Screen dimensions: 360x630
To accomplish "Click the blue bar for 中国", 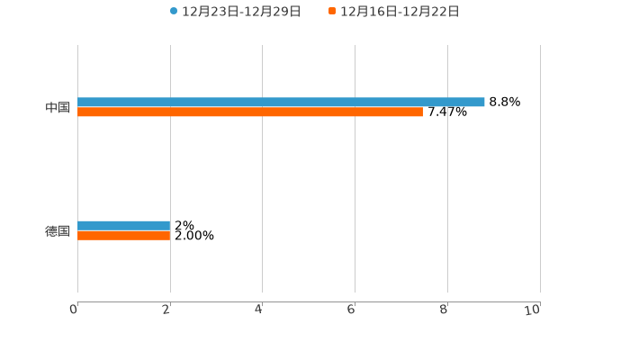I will pos(281,102).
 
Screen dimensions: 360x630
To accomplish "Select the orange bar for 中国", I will pos(250,112).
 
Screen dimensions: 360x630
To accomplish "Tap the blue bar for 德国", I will pos(124,225).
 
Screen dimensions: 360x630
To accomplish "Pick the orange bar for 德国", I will pos(124,236).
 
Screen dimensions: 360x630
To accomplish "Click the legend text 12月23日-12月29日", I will pos(241,12).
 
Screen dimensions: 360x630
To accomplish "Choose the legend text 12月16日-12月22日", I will pos(400,12).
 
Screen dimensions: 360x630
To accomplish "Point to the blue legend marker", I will pos(174,12).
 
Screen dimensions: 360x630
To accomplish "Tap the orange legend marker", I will pos(332,12).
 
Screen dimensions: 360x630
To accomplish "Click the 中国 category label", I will pos(58,108).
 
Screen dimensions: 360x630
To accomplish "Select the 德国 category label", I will pos(58,231).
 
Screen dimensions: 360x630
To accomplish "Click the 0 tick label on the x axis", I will pos(74,310).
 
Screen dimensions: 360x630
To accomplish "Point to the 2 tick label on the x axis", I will pos(166,310).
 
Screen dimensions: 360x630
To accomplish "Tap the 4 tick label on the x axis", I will pos(259,310).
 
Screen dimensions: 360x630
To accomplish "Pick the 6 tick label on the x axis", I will pos(352,310).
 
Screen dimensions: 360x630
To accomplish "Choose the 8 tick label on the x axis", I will pos(445,310).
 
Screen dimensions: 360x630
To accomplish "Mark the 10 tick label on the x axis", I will pos(533,310).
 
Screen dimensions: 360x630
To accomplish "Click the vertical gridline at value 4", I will pos(262,180).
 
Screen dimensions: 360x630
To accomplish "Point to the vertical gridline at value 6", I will pos(355,180).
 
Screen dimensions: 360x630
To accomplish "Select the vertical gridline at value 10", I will pos(540,180).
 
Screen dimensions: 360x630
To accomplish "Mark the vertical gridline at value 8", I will pos(447,180).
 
